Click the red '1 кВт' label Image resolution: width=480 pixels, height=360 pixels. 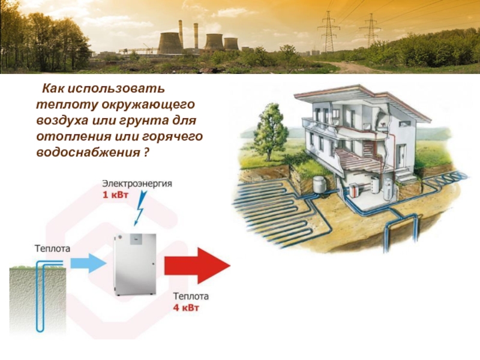pyautogui.click(x=115, y=195)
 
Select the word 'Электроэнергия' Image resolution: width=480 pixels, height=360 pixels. pyautogui.click(x=137, y=184)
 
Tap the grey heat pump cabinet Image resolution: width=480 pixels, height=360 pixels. pyautogui.click(x=135, y=265)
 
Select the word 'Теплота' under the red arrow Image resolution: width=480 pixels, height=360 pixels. pyautogui.click(x=191, y=296)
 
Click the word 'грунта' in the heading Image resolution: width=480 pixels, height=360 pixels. pyautogui.click(x=148, y=121)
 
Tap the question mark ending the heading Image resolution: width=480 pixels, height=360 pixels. pyautogui.click(x=146, y=153)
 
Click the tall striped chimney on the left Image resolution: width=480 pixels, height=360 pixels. pyautogui.click(x=180, y=36)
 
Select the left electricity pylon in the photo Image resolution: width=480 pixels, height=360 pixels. pyautogui.click(x=329, y=33)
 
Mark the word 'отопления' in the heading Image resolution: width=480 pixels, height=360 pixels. pyautogui.click(x=62, y=137)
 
